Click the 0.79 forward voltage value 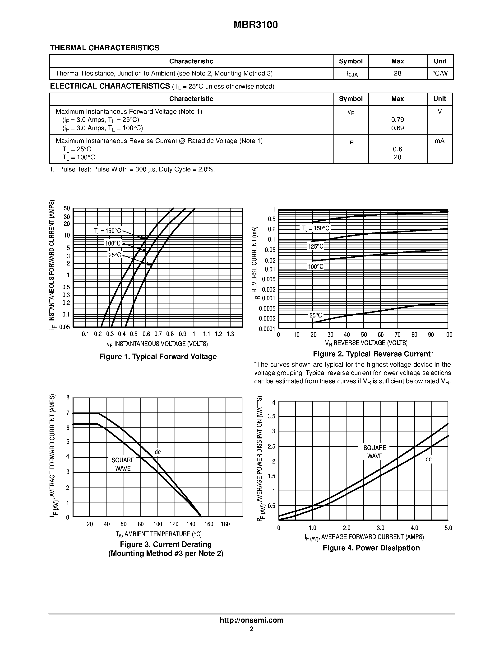(398, 120)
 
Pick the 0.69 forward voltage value (398, 128)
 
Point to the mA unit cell (439, 141)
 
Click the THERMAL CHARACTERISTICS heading (105, 48)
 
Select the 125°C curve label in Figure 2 (316, 247)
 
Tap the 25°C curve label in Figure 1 (115, 255)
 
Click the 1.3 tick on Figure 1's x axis (230, 334)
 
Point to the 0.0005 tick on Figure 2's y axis (267, 308)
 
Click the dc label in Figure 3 (158, 452)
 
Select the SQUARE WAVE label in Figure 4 (375, 452)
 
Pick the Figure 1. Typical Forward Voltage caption (158, 357)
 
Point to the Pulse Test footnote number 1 (52, 170)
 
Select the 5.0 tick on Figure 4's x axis (448, 528)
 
